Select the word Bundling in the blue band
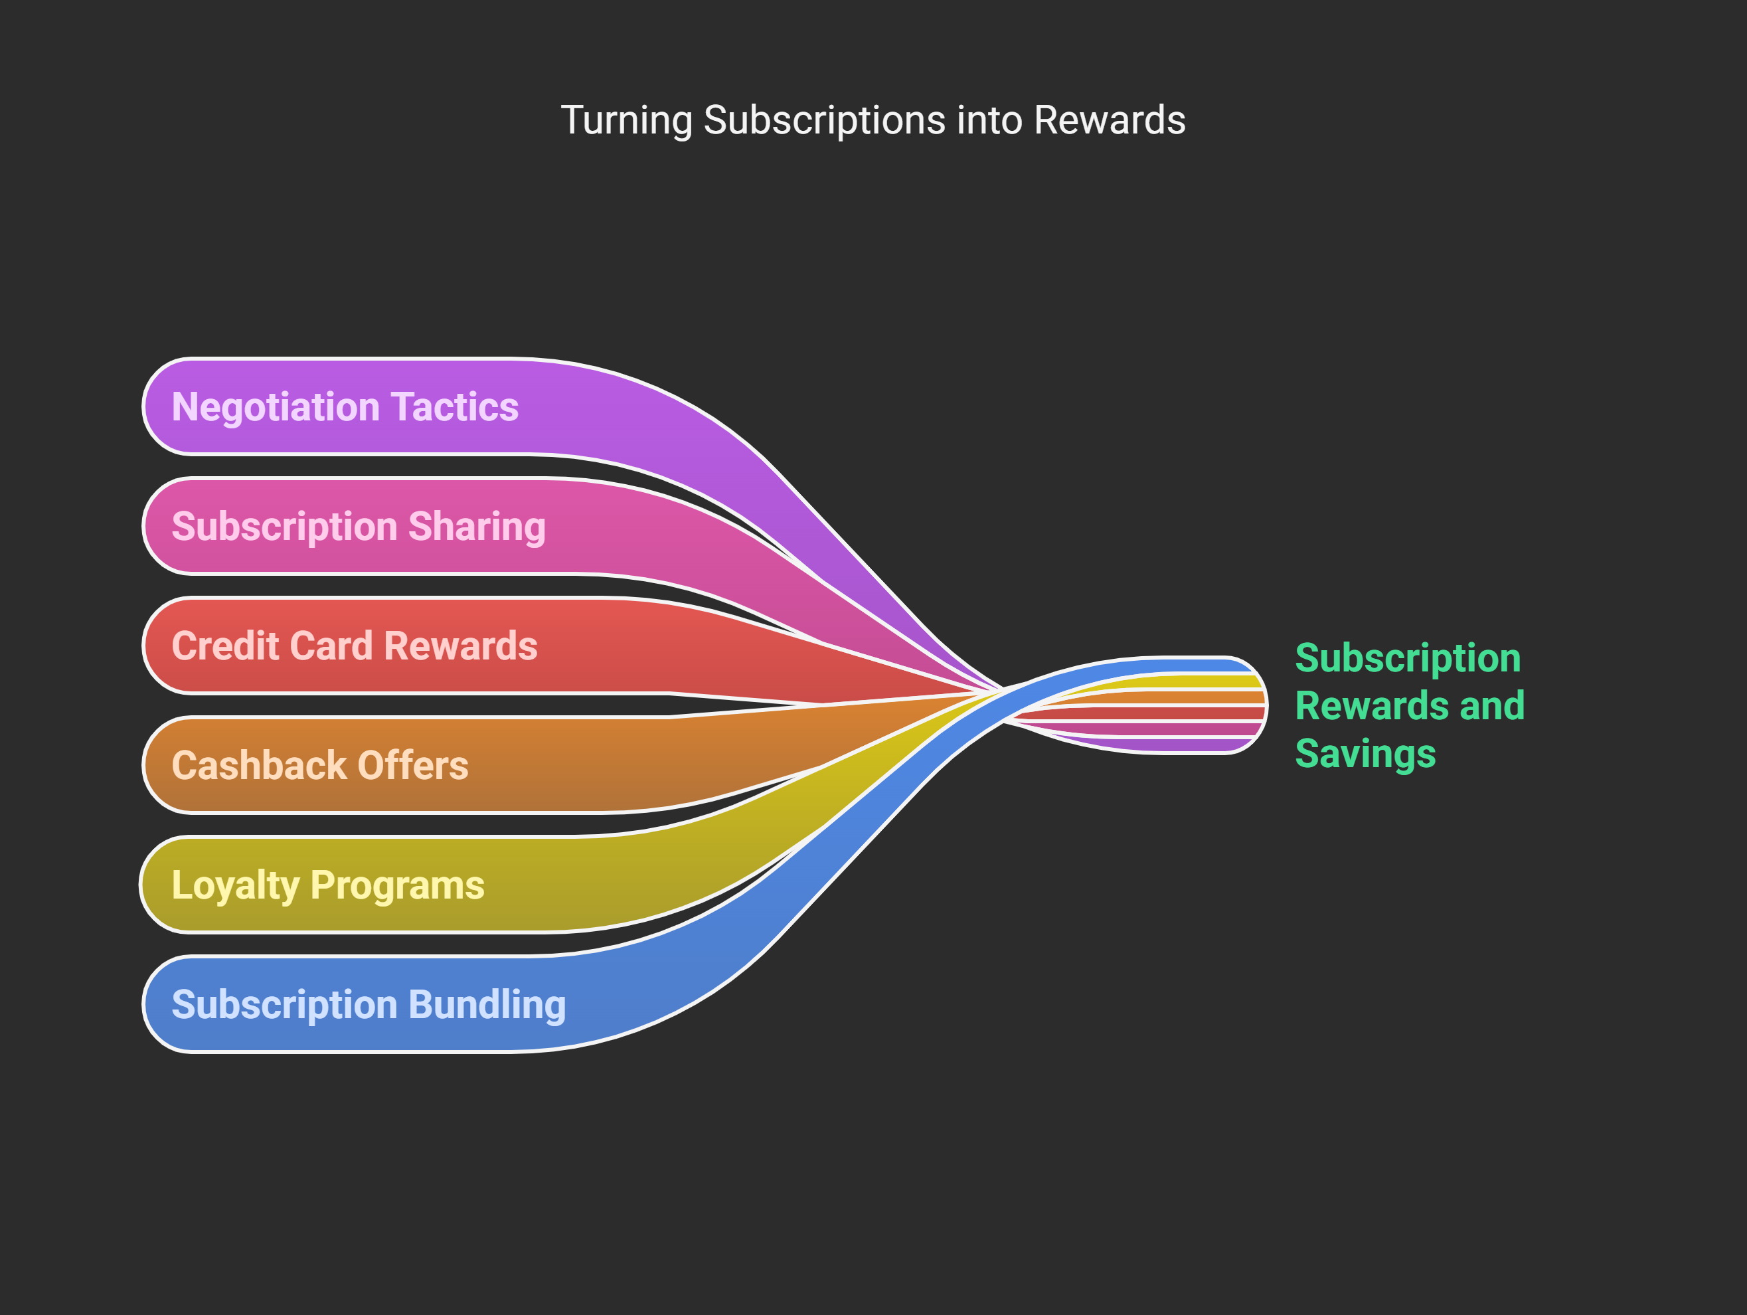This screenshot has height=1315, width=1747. (487, 1005)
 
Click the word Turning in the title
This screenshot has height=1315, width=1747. (626, 121)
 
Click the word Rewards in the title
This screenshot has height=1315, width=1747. (1110, 121)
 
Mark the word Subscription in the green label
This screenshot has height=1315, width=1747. (1408, 659)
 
